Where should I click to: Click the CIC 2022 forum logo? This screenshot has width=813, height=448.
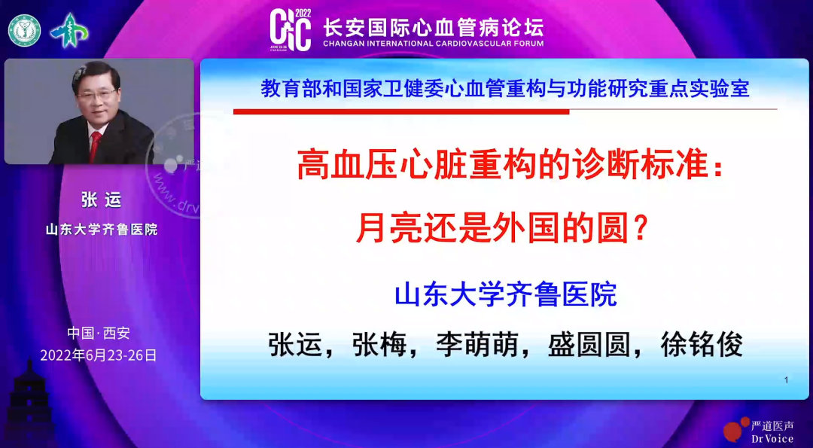tap(291, 30)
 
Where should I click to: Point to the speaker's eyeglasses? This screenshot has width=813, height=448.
tap(97, 95)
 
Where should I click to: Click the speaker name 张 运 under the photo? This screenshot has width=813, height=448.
tap(101, 200)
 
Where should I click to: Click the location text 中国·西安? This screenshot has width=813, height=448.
tap(98, 333)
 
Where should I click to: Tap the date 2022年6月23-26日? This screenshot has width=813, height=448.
tap(98, 355)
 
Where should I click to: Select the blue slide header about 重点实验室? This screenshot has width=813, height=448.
tap(504, 90)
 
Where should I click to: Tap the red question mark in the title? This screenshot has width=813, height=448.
tap(640, 227)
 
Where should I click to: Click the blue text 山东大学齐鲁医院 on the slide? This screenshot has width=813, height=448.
tap(505, 294)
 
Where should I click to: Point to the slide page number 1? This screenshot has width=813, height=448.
tap(786, 380)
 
